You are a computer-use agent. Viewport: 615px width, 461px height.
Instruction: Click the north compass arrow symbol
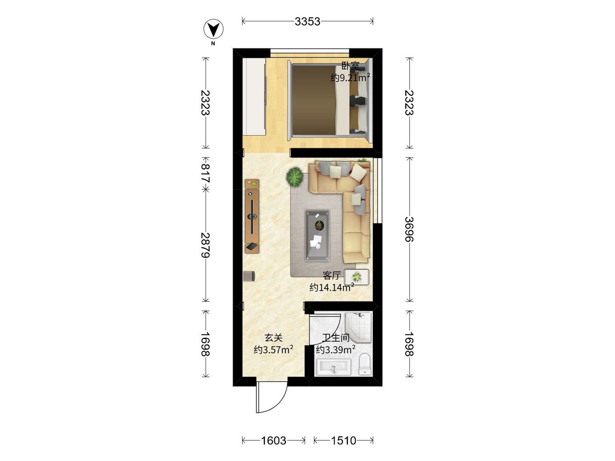click(213, 29)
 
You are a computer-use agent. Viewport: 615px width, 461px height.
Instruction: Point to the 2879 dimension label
click(206, 245)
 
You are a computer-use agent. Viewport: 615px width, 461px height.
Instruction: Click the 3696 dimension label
click(409, 229)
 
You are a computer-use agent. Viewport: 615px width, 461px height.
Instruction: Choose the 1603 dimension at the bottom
click(274, 441)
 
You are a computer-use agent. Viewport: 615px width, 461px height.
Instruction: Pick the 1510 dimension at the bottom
click(343, 441)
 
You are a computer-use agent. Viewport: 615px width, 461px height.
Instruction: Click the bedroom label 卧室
click(350, 66)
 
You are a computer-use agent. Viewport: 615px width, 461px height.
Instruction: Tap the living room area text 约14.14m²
click(332, 287)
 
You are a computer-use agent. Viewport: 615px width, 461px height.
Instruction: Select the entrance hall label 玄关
click(274, 338)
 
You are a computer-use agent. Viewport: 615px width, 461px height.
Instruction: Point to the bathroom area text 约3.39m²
click(336, 350)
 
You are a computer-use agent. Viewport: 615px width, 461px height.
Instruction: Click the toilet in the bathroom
click(365, 364)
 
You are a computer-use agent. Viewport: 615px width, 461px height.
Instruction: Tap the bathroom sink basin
click(333, 367)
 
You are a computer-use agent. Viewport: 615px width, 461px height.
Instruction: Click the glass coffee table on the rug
click(317, 236)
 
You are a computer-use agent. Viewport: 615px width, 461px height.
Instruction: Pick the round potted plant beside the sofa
click(295, 177)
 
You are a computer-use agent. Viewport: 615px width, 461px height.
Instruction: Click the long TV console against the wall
click(252, 216)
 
